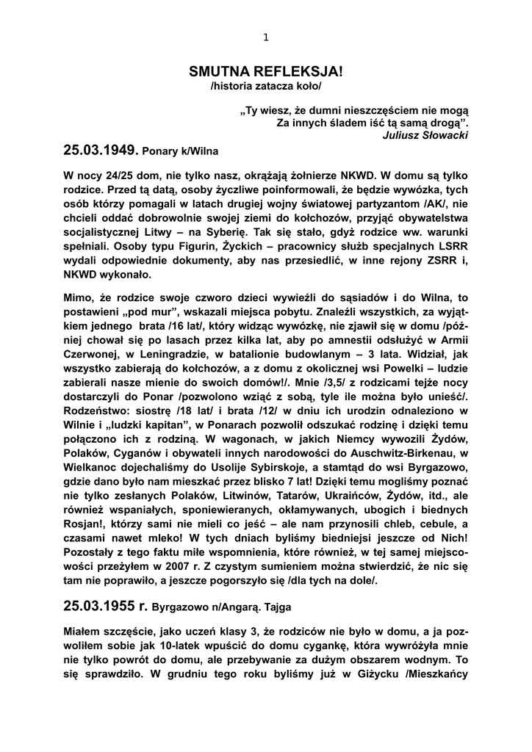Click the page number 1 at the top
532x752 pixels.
[266, 39]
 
